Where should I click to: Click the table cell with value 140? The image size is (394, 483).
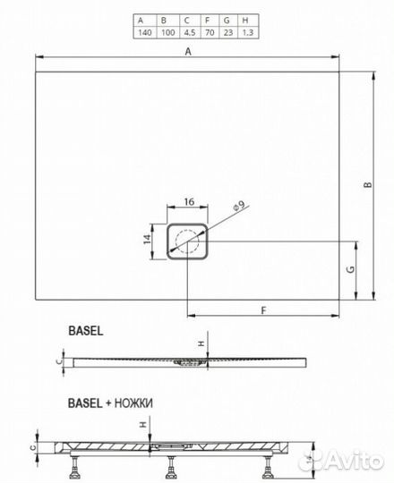(145, 32)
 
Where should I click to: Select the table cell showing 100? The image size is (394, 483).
(168, 32)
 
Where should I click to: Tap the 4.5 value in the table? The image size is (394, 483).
(190, 32)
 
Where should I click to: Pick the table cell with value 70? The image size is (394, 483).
(210, 32)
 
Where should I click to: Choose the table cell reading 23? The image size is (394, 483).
(228, 32)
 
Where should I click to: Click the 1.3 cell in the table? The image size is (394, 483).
(247, 32)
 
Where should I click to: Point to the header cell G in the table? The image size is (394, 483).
(227, 21)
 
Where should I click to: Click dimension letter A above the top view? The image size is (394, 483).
(188, 52)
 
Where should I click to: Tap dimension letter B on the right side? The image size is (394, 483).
(368, 185)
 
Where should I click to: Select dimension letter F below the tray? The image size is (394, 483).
(263, 310)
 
